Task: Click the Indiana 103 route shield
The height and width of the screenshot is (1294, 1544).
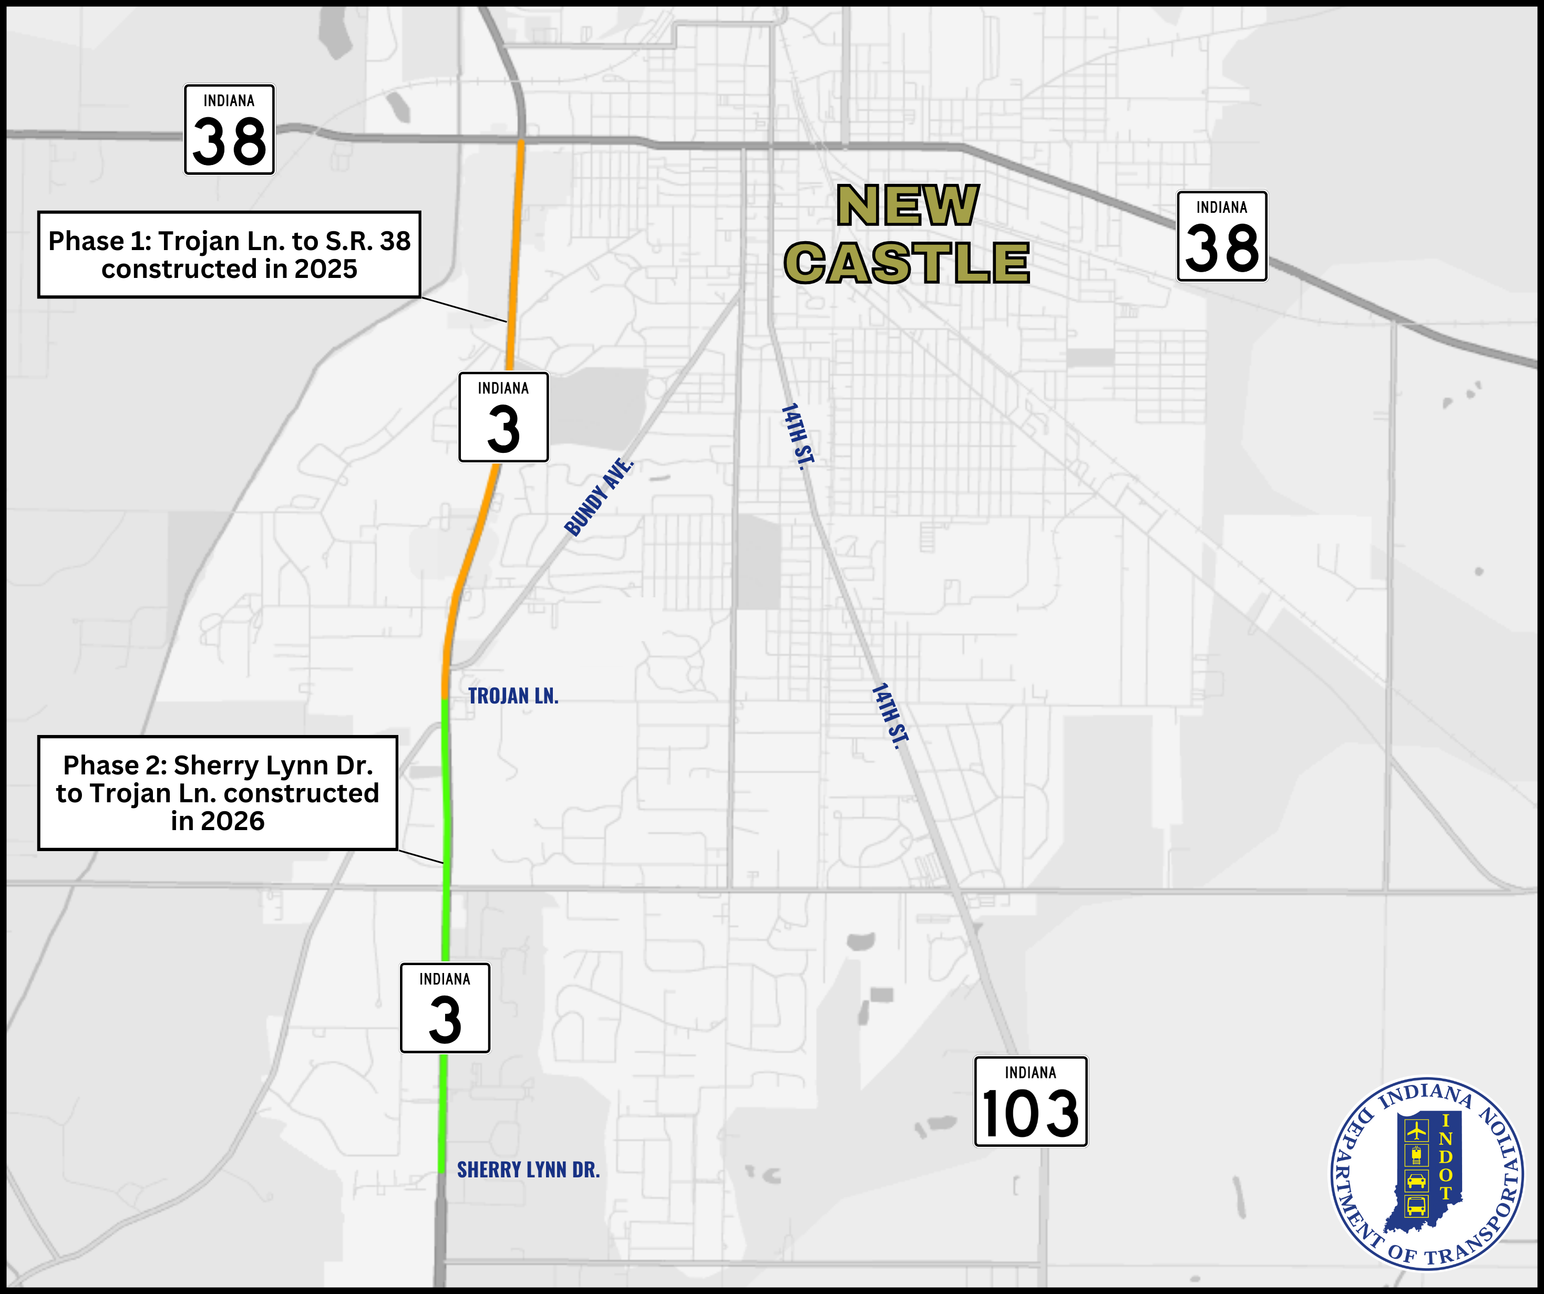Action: (1030, 1101)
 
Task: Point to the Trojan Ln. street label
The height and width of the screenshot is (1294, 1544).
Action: (513, 696)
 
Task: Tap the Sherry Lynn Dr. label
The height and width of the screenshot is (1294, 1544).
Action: (528, 1169)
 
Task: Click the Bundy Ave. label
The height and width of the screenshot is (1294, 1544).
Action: (599, 497)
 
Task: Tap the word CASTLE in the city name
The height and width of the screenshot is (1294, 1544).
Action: (907, 263)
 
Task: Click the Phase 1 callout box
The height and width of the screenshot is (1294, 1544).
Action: (229, 254)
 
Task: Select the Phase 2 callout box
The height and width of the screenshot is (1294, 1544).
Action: (218, 793)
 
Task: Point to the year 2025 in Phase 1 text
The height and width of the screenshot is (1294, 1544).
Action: (325, 269)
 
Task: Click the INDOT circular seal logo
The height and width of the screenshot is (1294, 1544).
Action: (1426, 1173)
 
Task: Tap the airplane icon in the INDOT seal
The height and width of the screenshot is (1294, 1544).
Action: (1416, 1130)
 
